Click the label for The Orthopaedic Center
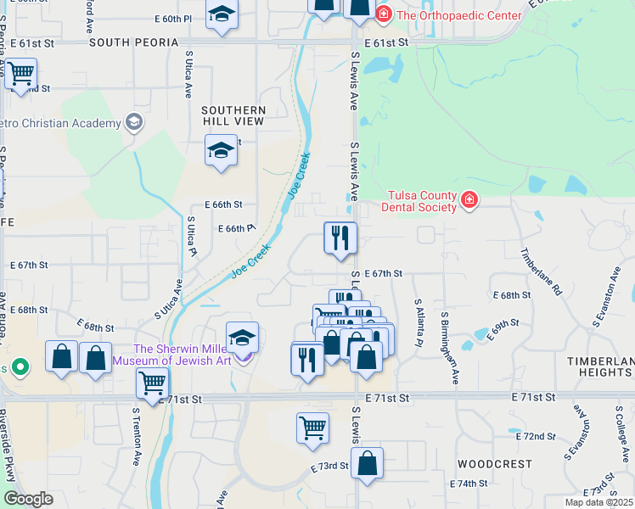pyautogui.click(x=459, y=14)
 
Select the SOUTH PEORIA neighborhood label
pyautogui.click(x=134, y=42)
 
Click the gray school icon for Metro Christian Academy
pyautogui.click(x=133, y=123)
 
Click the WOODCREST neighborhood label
pyautogui.click(x=494, y=465)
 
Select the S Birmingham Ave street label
pyautogui.click(x=449, y=348)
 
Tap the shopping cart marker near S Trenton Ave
pyautogui.click(x=152, y=382)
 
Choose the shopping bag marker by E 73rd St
pyautogui.click(x=367, y=463)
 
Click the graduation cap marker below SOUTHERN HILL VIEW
pyautogui.click(x=221, y=153)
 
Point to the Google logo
pyautogui.click(x=28, y=499)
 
